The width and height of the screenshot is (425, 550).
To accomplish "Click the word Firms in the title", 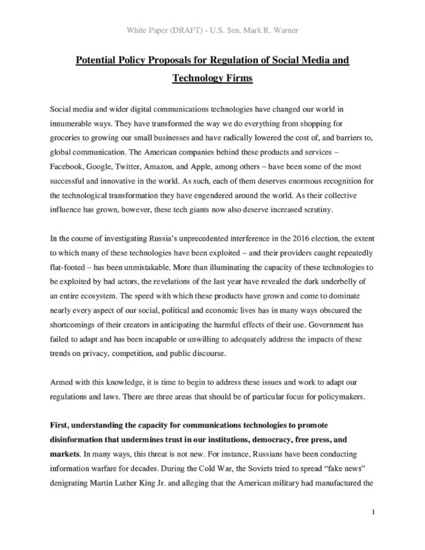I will (237, 78).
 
